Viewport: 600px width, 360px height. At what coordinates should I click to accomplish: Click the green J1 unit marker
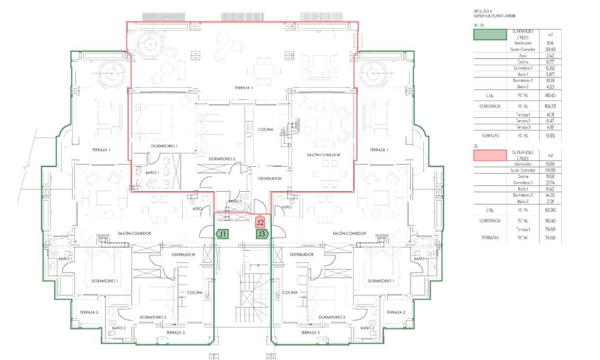[x=222, y=234]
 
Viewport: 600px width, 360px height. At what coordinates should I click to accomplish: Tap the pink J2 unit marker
[x=260, y=222]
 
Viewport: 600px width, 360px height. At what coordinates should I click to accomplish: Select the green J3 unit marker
[x=261, y=234]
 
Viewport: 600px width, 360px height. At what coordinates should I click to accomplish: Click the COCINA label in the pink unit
[x=265, y=130]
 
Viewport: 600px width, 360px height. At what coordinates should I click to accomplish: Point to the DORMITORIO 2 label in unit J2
[x=222, y=159]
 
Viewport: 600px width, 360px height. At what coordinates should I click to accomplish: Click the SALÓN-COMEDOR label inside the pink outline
[x=323, y=155]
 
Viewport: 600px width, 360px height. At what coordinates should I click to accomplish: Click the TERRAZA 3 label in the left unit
[x=175, y=332]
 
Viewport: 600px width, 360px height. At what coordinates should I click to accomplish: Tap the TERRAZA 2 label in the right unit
[x=394, y=312]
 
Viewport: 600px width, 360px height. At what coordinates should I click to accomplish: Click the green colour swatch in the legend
[x=490, y=35]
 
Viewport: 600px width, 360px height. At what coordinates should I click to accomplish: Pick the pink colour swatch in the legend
[x=490, y=155]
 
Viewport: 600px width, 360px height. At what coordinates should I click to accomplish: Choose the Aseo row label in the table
[x=522, y=55]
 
